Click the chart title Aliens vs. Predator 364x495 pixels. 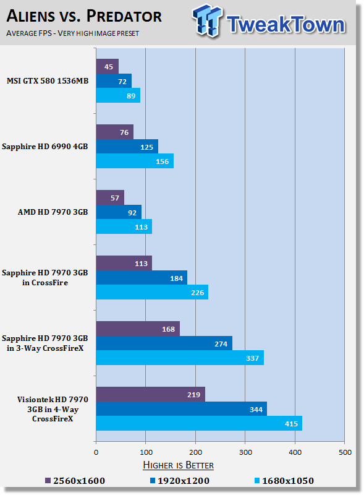pos(84,16)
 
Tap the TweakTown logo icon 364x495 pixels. pos(207,20)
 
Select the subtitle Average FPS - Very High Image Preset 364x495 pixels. pos(72,33)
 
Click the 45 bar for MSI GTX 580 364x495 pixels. pos(108,66)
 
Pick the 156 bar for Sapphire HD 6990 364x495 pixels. pos(135,161)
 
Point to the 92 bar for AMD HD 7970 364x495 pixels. pos(119,212)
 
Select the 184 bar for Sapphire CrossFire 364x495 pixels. pos(142,278)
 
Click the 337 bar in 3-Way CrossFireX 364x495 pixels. pos(180,358)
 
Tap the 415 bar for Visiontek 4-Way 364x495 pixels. pos(199,423)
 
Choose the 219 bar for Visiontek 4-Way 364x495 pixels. pos(150,394)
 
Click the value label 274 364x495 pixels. pos(221,344)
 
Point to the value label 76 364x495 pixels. pos(124,132)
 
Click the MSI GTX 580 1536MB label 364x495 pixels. pos(48,81)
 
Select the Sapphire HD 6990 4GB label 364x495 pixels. pos(44,147)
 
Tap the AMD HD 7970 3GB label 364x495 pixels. pos(53,212)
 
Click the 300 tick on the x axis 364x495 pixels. pos(245,452)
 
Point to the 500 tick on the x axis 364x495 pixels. pos(345,452)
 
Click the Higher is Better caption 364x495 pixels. pos(178,465)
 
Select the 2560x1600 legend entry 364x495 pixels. pos(75,481)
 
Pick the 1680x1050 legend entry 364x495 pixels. pos(284,481)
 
